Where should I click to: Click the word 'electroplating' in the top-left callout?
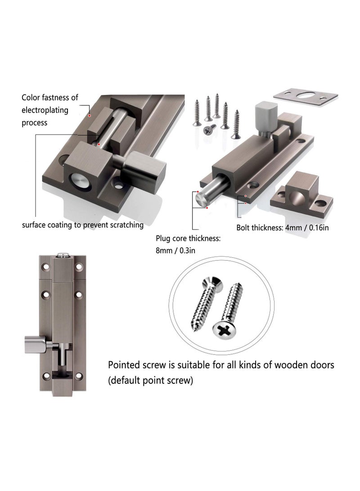pos(44,110)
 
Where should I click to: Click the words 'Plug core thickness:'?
pos(188,239)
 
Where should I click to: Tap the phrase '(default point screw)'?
pos(150,380)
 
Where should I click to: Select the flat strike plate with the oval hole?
pos(306,96)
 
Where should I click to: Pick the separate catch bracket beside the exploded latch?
pos(301,192)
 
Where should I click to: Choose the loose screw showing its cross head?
pos(208,129)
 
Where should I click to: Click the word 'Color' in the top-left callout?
pos(31,97)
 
